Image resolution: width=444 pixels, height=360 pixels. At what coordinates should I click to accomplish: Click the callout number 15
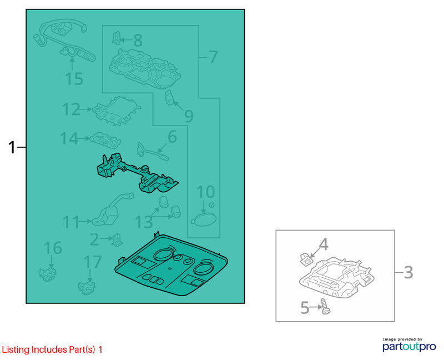(x=74, y=79)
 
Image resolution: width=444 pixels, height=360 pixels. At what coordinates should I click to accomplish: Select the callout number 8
(x=138, y=40)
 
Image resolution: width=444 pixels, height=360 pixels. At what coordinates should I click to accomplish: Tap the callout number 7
(x=213, y=57)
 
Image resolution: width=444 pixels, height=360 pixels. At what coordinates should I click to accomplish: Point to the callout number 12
(x=71, y=109)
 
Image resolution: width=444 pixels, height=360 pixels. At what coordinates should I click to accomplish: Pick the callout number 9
(x=189, y=116)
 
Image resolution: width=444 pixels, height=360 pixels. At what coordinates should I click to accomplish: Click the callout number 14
(x=69, y=139)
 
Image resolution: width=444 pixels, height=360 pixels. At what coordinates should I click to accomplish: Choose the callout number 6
(x=172, y=137)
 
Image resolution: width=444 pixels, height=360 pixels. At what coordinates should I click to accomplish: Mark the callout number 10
(x=205, y=192)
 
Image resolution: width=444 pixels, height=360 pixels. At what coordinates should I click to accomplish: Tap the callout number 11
(x=71, y=222)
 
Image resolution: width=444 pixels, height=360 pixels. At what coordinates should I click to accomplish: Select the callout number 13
(x=144, y=222)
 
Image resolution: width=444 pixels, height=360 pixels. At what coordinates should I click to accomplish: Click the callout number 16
(x=53, y=248)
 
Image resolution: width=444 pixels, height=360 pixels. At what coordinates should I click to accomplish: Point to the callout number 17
(x=93, y=262)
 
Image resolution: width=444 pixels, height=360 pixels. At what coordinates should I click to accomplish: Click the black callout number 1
(x=11, y=147)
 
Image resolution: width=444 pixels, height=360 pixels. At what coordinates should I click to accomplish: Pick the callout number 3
(x=408, y=272)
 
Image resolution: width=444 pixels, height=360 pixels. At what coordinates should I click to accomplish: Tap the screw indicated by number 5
(x=325, y=307)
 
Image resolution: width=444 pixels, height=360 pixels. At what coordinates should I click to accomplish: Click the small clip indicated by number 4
(x=305, y=259)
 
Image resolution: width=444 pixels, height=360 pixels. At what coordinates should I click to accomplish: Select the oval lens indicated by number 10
(x=204, y=220)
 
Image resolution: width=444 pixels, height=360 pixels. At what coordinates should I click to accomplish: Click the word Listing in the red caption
(x=16, y=350)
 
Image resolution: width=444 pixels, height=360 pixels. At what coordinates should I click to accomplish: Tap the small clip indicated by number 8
(x=116, y=38)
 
